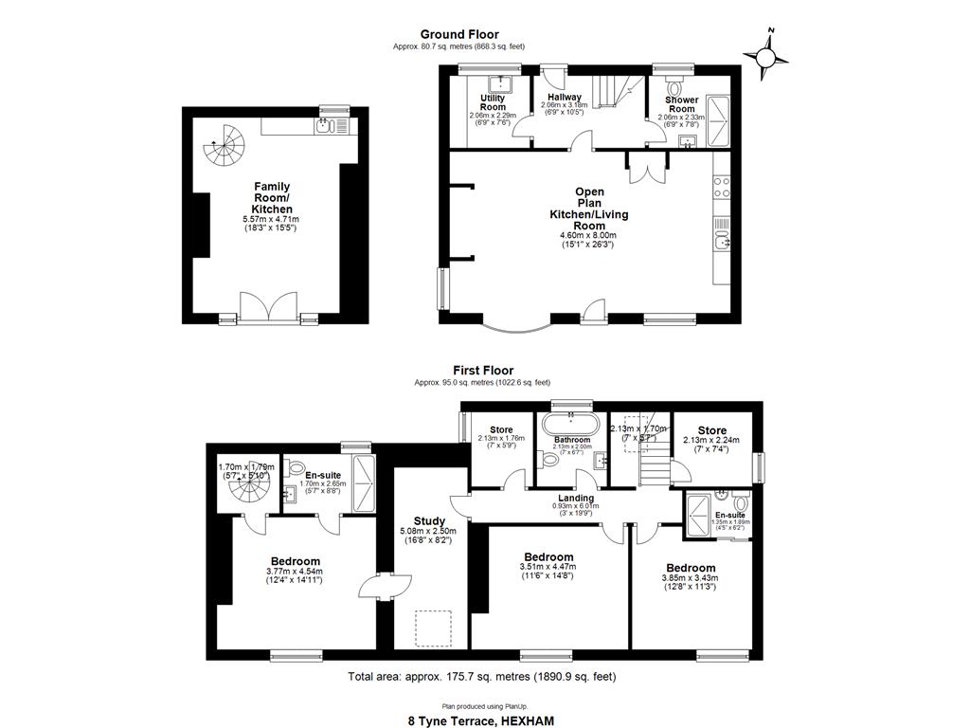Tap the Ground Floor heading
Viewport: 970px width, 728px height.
(459, 35)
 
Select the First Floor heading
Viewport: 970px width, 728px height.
(482, 371)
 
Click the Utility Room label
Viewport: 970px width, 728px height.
(493, 102)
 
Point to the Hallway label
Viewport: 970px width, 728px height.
(564, 97)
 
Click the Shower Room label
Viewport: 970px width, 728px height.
(681, 104)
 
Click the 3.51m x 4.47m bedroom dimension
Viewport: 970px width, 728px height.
(548, 569)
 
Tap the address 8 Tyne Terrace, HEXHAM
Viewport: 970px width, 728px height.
(481, 720)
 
